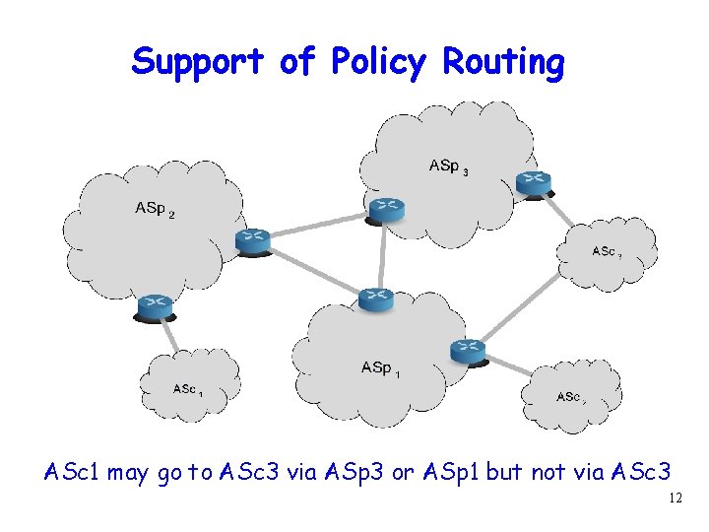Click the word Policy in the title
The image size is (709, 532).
point(377,62)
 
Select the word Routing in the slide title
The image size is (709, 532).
point(503,62)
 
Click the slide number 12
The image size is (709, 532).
point(675,499)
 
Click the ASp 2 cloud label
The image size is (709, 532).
point(155,209)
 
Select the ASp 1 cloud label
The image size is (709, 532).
point(380,368)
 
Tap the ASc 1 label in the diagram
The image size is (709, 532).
point(187,390)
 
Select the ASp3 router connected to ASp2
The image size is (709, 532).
point(384,208)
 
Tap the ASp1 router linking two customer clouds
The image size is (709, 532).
point(469,351)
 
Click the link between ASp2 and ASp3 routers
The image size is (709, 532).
point(317,225)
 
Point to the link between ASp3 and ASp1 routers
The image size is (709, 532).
point(381,254)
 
